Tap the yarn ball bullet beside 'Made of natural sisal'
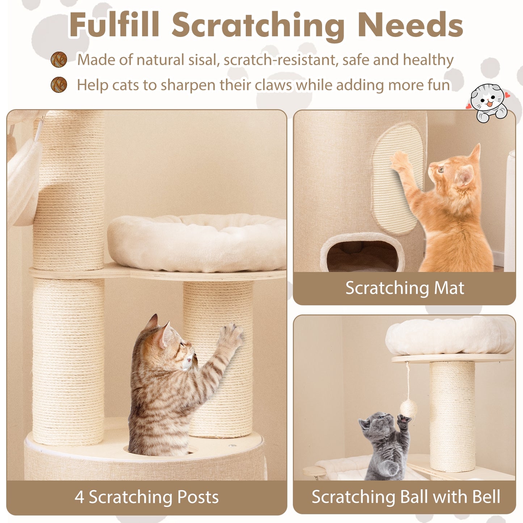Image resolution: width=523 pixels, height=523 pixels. click(59, 60)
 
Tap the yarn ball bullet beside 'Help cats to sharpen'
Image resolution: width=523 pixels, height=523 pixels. click(59, 85)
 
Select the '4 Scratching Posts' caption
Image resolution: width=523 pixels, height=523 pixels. click(147, 497)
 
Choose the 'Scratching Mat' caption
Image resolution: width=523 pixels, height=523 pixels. click(404, 288)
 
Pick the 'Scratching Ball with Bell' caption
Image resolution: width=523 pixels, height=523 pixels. click(406, 497)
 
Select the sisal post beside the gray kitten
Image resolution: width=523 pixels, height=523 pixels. click(452, 416)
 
